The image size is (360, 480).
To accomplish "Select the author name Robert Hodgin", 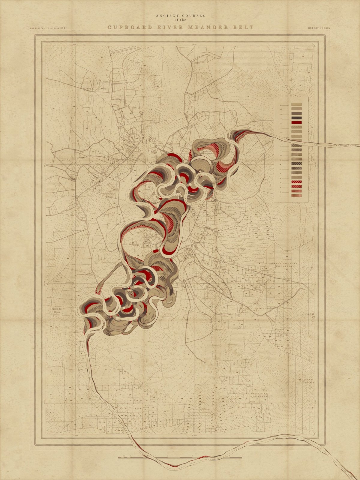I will click(319, 28).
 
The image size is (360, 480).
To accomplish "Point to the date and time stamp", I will click(47, 28).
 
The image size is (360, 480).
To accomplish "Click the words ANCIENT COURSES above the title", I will click(180, 15).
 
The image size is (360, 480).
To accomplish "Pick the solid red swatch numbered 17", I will click(296, 123).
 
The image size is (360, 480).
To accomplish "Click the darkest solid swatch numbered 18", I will click(296, 118).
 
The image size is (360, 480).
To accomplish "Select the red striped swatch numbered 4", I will click(296, 182).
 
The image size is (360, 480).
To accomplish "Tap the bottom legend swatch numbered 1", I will click(296, 196).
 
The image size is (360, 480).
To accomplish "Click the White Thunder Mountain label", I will click(284, 265).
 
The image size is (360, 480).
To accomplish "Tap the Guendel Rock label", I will click(57, 310).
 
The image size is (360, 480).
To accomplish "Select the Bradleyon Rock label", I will click(107, 195).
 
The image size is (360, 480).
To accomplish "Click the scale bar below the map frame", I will click(180, 457).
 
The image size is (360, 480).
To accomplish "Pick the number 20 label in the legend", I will click(280, 110).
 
